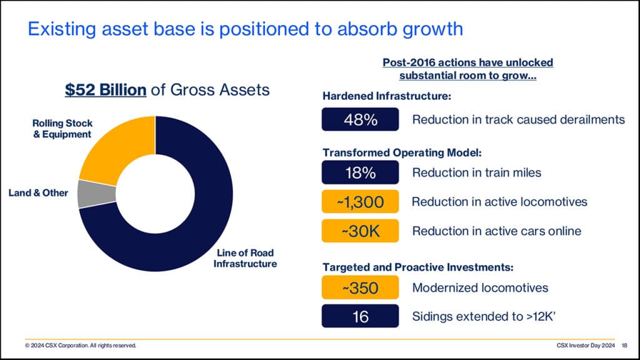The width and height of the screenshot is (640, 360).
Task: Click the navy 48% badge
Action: coord(360,119)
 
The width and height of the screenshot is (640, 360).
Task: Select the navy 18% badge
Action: coord(360,173)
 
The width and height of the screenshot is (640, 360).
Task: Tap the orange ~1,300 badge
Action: coord(360,202)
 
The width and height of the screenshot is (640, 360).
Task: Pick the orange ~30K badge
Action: coord(360,231)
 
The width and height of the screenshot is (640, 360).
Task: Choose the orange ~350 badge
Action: coord(360,287)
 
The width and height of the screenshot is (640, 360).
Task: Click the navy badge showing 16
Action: coord(360,316)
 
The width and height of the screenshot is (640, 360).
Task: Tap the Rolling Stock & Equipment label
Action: coord(62,129)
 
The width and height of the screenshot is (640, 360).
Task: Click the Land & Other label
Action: coord(38,192)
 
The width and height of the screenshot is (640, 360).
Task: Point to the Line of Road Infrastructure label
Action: coord(245,258)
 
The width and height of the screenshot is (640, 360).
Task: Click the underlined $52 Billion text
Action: coord(106,90)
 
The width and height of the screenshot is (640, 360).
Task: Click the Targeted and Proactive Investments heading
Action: coord(417,267)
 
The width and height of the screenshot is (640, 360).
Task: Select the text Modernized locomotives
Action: coord(480,287)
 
